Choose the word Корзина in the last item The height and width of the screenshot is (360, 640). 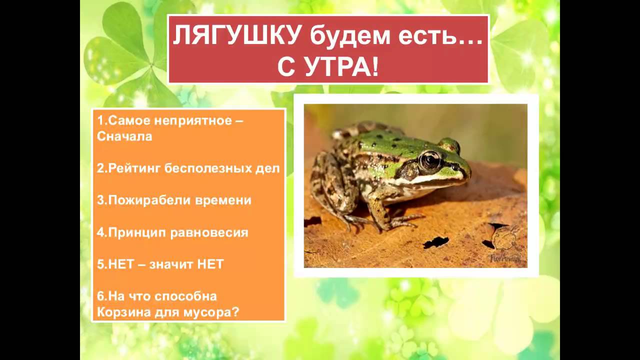click(x=119, y=312)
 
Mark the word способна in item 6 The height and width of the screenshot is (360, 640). click(x=185, y=296)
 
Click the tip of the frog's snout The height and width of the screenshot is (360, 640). click(x=468, y=173)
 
